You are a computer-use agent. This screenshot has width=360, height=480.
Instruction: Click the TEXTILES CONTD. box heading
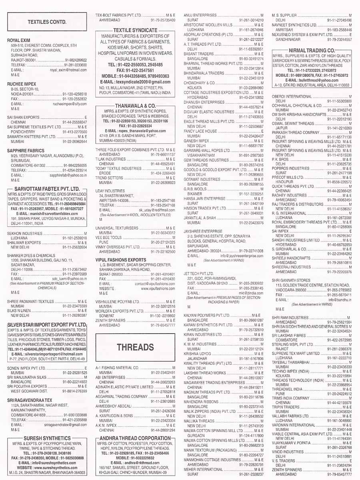(x=47, y=22)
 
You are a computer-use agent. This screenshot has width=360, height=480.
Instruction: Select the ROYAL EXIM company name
(x=19, y=40)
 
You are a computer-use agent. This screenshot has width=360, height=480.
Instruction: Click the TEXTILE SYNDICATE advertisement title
(x=135, y=30)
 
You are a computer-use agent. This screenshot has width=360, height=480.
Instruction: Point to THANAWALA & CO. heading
(x=135, y=106)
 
